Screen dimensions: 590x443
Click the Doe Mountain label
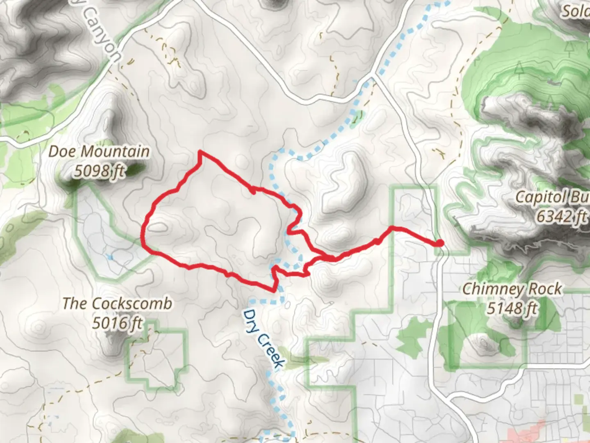[99, 152]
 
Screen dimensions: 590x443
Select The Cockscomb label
[117, 304]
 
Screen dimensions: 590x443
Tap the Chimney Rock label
[512, 289]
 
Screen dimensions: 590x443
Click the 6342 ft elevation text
[562, 216]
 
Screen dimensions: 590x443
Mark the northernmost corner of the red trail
[200, 152]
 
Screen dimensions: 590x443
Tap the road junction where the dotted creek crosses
[373, 77]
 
